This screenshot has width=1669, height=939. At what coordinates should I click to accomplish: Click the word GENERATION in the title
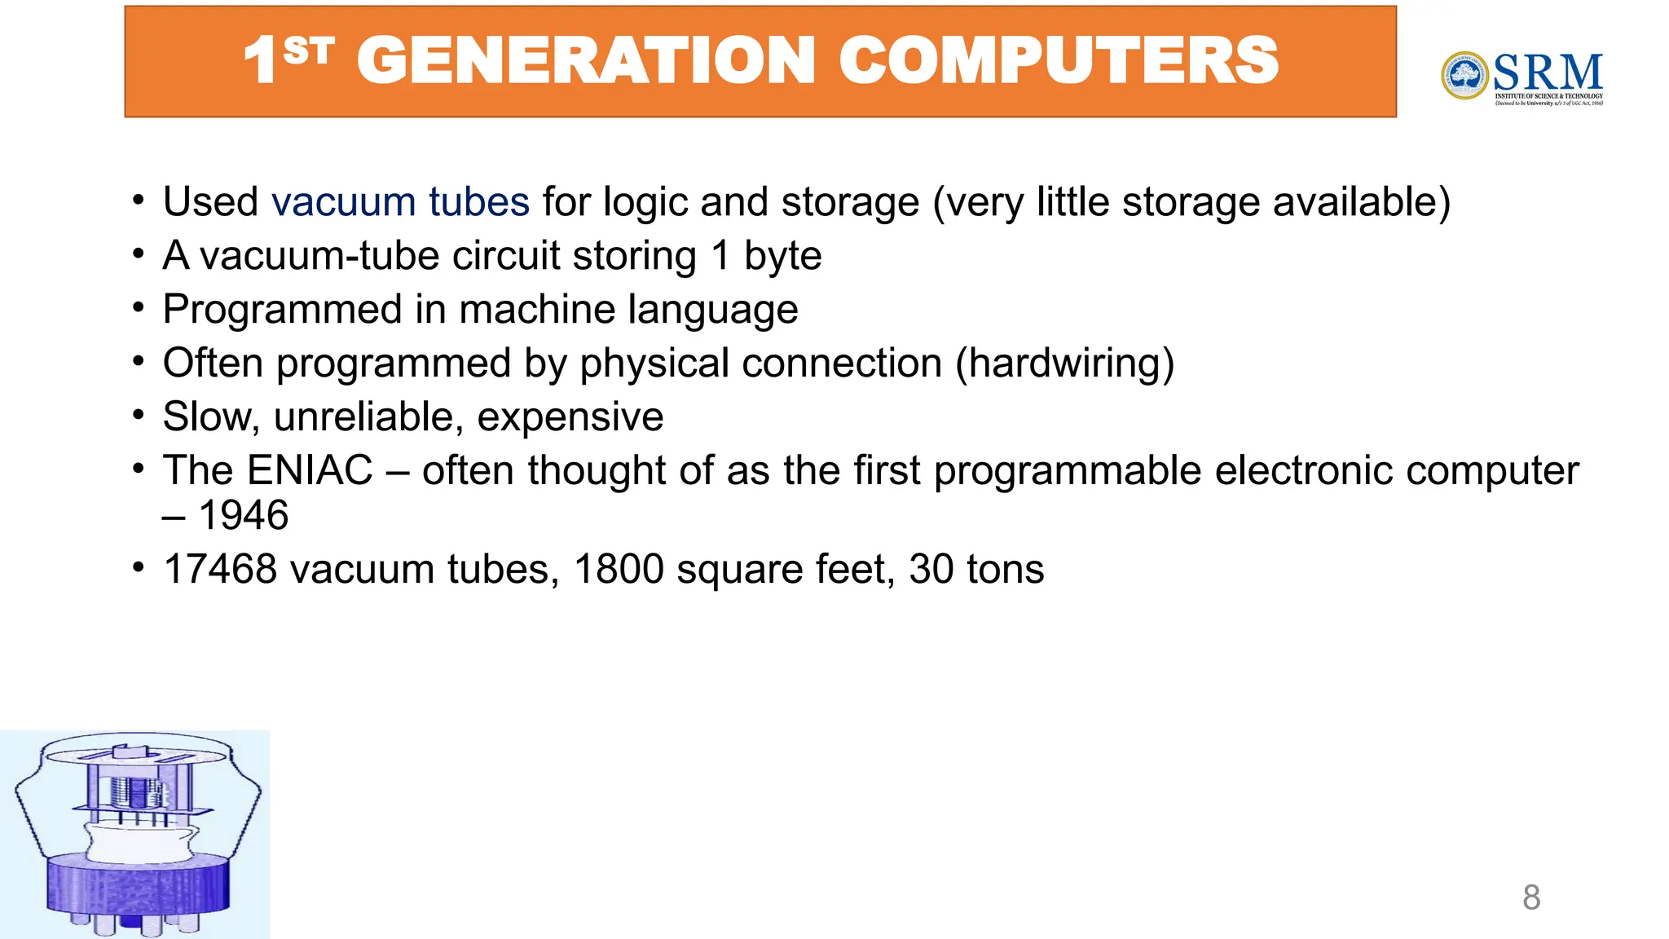(x=585, y=61)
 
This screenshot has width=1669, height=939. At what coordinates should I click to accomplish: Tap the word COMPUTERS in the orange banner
(x=1059, y=61)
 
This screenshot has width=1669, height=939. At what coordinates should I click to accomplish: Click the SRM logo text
(x=1548, y=73)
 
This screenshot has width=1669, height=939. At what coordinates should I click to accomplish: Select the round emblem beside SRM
(x=1464, y=75)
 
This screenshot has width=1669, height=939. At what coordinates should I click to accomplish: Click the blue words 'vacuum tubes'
(x=400, y=201)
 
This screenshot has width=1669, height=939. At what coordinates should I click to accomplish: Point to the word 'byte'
(x=782, y=256)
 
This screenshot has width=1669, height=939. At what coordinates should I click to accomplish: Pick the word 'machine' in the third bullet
(x=537, y=310)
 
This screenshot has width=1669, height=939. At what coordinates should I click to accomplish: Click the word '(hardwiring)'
(x=1064, y=363)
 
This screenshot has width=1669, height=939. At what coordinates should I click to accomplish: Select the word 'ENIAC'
(x=310, y=470)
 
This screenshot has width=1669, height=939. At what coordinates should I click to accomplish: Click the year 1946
(x=244, y=515)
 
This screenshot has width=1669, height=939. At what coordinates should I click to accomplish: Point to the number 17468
(x=220, y=569)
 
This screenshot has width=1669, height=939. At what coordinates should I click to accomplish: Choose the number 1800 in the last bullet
(x=619, y=569)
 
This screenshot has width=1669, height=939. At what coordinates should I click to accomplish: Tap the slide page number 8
(x=1531, y=897)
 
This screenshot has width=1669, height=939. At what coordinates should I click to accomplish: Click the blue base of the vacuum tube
(x=136, y=884)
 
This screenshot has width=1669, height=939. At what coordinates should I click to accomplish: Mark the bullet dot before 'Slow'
(x=139, y=415)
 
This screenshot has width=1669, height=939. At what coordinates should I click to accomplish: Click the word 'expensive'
(x=570, y=417)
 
